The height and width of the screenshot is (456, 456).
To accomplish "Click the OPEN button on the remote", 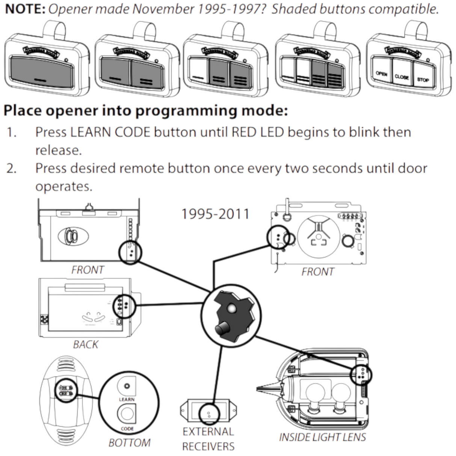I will tap(381, 74).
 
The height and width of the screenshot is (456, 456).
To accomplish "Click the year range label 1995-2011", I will tap(215, 214).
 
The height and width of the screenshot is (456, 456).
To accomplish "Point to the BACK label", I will tap(85, 344).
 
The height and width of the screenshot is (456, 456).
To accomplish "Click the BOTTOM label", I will tap(129, 443).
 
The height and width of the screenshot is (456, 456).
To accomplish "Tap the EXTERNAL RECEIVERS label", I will tap(208, 439).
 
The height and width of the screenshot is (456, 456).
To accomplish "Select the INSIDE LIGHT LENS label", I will tap(322, 437).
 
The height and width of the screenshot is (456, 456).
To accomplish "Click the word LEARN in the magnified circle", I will tap(127, 399).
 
